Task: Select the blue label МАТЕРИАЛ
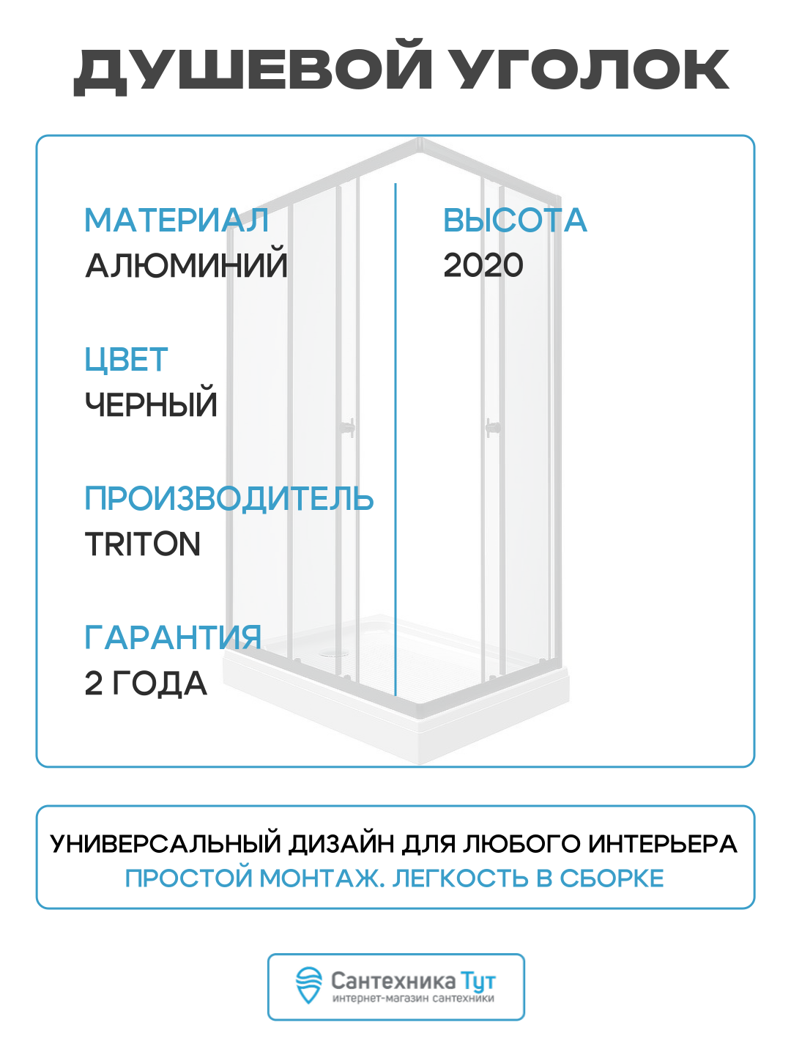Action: (177, 221)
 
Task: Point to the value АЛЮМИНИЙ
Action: (187, 265)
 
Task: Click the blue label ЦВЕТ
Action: (126, 360)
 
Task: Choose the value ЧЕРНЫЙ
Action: (151, 404)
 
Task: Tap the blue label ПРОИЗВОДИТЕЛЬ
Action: (229, 499)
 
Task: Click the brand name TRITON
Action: (143, 544)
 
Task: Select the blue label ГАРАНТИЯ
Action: (173, 638)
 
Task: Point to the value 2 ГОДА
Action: (146, 684)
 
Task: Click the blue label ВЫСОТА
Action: (515, 221)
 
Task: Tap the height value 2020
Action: (483, 265)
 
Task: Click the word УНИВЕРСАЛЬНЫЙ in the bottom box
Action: (166, 844)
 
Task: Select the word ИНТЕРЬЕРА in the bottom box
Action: (663, 844)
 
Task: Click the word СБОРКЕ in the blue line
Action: (612, 878)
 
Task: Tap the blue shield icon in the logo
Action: (308, 985)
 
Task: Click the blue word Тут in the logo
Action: (478, 981)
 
